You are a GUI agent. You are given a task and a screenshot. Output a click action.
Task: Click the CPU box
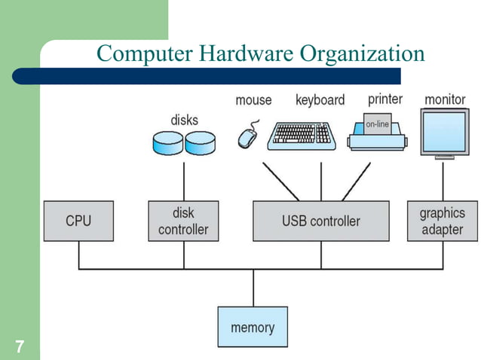pos(78,221)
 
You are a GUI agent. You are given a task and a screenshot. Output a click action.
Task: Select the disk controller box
pos(183,221)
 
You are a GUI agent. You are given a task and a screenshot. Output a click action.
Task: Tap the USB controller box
pos(321,221)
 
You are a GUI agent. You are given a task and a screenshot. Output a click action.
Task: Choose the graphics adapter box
pos(442,221)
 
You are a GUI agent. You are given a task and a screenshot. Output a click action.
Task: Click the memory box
pos(253,328)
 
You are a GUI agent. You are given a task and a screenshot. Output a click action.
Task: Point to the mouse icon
pos(247,136)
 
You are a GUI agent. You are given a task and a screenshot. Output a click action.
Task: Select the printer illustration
pos(376,136)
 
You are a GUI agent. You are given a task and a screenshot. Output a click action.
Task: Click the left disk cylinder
pos(167,141)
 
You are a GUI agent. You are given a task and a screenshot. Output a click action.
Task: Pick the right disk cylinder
pos(201,141)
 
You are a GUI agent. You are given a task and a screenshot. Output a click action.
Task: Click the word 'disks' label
pos(185,119)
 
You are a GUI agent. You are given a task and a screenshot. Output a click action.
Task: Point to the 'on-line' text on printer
pos(377,123)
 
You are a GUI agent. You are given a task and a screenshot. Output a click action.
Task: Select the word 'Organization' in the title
pos(363,55)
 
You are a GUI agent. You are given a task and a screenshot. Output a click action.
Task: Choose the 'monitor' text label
pos(445,99)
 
